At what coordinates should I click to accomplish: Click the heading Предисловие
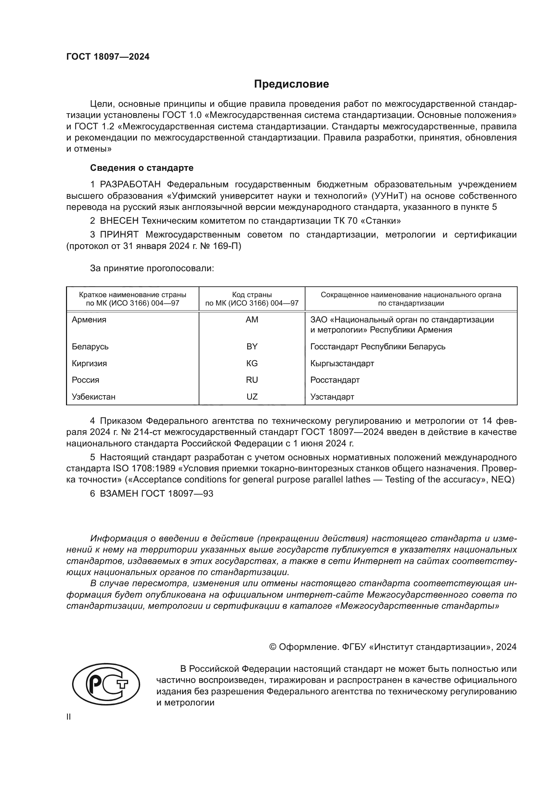[291, 84]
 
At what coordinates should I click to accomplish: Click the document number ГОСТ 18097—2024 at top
[108, 57]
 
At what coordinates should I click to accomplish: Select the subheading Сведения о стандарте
[142, 168]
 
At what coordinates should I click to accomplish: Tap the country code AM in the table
[252, 319]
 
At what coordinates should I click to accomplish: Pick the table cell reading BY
[252, 346]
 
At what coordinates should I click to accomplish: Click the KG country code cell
[252, 363]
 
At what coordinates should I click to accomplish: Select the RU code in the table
[252, 380]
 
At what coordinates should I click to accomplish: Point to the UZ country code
[252, 397]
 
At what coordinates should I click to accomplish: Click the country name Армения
[89, 319]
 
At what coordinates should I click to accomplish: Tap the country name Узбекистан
[94, 397]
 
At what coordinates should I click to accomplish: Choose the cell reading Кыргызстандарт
[342, 363]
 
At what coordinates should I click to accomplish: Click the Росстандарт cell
[335, 380]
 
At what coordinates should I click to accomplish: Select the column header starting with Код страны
[252, 298]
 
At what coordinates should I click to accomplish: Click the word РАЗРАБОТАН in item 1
[130, 185]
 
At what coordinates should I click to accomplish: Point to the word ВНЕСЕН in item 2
[119, 221]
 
